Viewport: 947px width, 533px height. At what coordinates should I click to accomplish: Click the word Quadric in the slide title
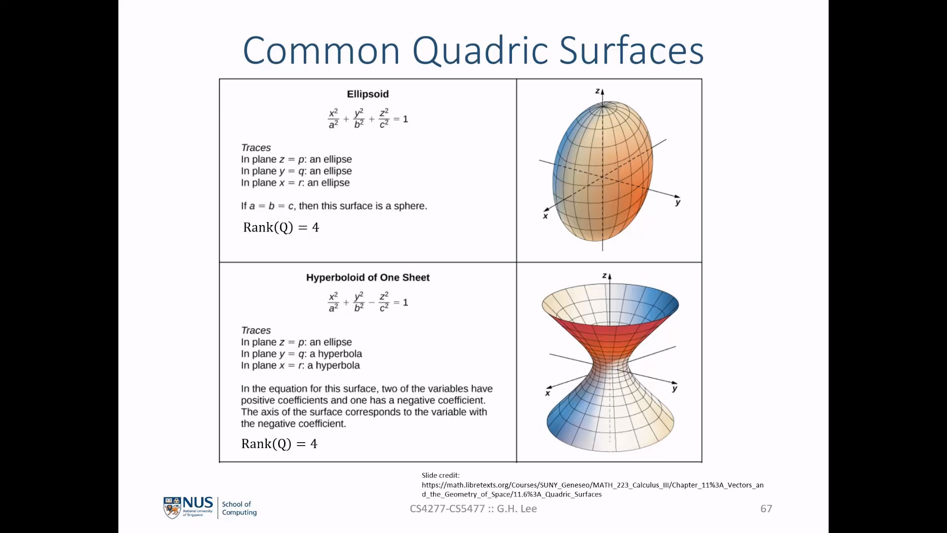tap(480, 51)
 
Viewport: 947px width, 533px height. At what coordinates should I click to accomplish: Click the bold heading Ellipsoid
tap(368, 94)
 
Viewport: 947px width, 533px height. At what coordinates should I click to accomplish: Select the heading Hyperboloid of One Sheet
tap(368, 278)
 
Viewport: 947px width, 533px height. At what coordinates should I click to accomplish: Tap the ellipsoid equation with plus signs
tap(368, 118)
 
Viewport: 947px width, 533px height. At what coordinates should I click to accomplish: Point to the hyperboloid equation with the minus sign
tap(368, 302)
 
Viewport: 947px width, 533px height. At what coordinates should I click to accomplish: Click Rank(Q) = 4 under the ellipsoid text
tap(281, 228)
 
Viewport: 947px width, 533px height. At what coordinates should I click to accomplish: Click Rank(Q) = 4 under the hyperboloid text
tap(279, 444)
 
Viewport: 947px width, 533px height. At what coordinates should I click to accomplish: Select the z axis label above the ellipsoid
tap(597, 91)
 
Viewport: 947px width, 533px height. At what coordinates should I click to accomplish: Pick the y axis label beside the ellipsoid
tap(678, 202)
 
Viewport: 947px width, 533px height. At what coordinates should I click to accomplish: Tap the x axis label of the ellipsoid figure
tap(546, 216)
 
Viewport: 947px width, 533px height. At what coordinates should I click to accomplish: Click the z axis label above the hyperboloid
tap(604, 276)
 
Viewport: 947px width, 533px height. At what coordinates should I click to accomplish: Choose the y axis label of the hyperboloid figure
tap(675, 388)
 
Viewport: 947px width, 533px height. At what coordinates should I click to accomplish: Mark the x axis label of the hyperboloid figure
tap(547, 393)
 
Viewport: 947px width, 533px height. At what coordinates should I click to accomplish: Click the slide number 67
tap(766, 509)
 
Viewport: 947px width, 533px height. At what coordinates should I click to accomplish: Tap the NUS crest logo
tap(172, 508)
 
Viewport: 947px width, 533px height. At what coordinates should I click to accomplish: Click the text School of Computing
tap(239, 508)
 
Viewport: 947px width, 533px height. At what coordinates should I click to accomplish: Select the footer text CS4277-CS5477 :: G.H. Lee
tap(473, 509)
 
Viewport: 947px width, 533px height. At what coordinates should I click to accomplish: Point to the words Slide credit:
tap(440, 475)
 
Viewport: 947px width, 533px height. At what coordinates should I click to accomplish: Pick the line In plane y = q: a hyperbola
tap(301, 354)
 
